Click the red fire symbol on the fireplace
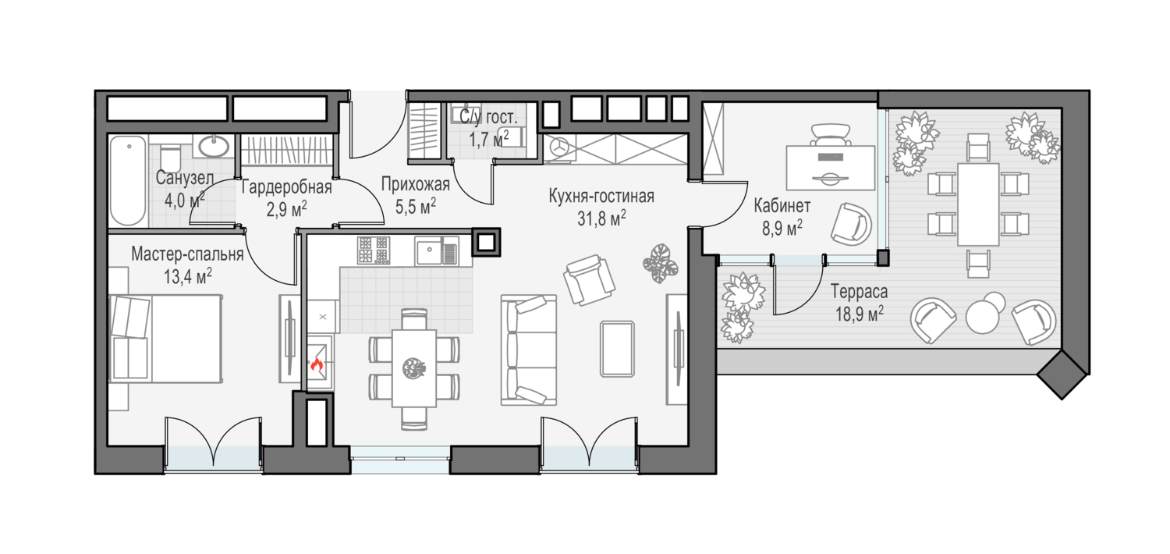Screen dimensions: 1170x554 (x=317, y=364)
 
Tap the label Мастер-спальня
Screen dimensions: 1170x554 (x=187, y=254)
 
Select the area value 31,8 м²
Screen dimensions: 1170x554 (x=601, y=218)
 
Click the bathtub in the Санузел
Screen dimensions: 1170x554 (x=128, y=181)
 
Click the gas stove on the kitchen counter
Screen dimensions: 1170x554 (x=374, y=250)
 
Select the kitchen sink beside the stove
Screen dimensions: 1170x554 (x=437, y=251)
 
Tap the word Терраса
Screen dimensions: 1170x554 (x=860, y=292)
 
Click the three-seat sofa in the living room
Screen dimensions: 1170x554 (x=529, y=350)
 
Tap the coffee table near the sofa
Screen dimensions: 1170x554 (x=618, y=349)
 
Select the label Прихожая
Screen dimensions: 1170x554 (x=415, y=184)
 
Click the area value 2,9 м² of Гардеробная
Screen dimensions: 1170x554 (x=286, y=210)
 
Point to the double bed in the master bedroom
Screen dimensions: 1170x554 (x=165, y=338)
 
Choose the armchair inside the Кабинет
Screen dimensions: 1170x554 (x=851, y=224)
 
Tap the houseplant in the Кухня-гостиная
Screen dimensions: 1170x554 (x=661, y=264)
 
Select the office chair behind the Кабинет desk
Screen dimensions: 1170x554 (x=831, y=133)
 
